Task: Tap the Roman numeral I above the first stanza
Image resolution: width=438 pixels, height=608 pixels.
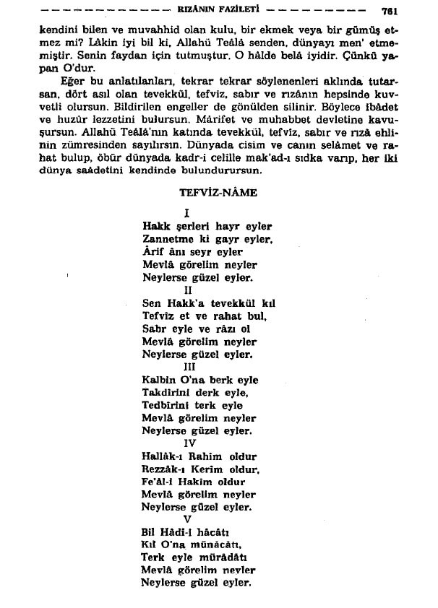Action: tap(187, 213)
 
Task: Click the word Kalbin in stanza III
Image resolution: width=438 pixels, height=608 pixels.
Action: tap(158, 380)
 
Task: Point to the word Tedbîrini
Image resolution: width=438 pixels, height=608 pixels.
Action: tap(167, 405)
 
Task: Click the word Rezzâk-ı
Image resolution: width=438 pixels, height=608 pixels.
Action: tap(165, 469)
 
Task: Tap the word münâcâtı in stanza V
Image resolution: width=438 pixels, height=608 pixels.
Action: tap(217, 545)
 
